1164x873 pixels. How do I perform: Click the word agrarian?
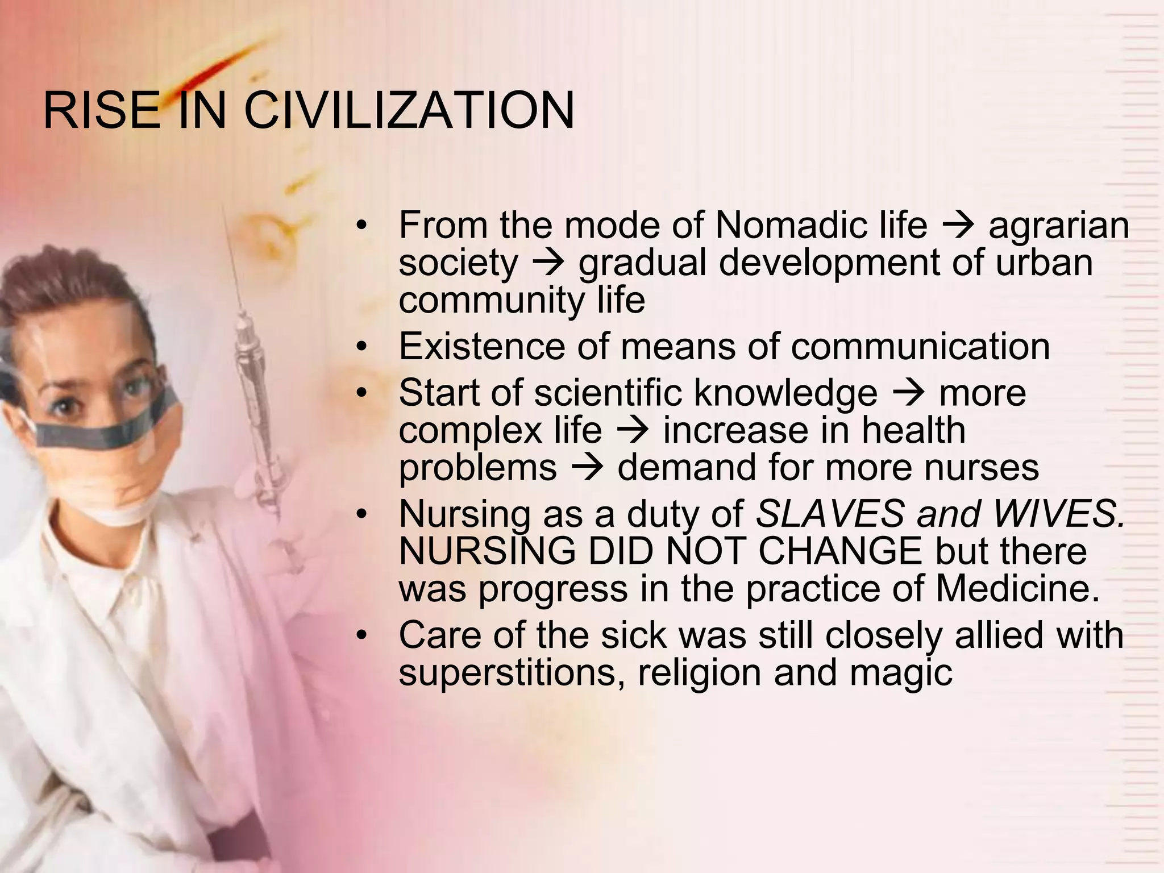pyautogui.click(x=1058, y=226)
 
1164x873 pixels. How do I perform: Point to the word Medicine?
pyautogui.click(x=1017, y=589)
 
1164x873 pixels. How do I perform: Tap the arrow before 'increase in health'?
pyautogui.click(x=632, y=431)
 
